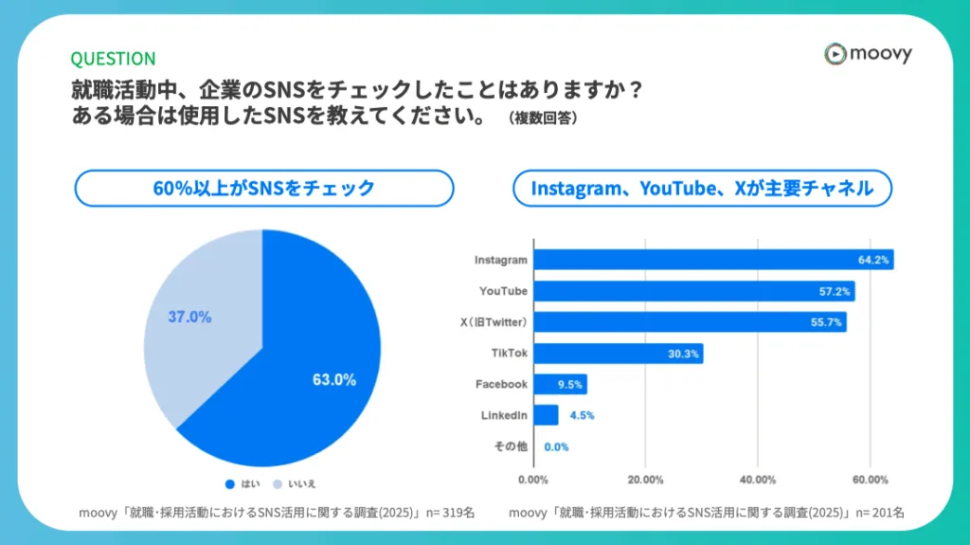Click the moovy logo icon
[x=835, y=54]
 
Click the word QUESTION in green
[x=113, y=59]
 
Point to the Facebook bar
[x=560, y=384]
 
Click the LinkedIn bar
[x=547, y=415]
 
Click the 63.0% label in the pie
[x=334, y=380]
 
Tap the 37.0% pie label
[x=189, y=317]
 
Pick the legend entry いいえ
[x=296, y=484]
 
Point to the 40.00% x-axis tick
[x=759, y=479]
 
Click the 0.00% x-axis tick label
[x=534, y=479]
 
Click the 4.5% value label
[x=582, y=415]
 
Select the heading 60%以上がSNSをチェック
[x=263, y=188]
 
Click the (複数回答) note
[x=543, y=118]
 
